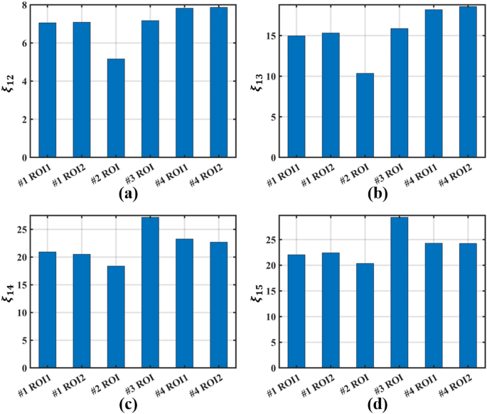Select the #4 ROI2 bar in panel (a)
218,83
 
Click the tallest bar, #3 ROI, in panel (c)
150,293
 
